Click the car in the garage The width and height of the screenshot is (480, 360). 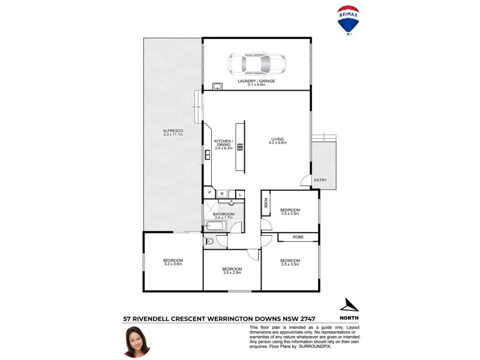pyautogui.click(x=256, y=62)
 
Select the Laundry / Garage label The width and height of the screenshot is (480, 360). pyautogui.click(x=256, y=83)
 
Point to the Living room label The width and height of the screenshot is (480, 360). pyautogui.click(x=278, y=141)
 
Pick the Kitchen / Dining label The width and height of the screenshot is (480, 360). pyautogui.click(x=223, y=145)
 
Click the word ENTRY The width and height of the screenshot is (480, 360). pyautogui.click(x=320, y=180)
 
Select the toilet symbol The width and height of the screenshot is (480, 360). pyautogui.click(x=209, y=241)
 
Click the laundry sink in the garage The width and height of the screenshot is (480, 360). pyautogui.click(x=217, y=86)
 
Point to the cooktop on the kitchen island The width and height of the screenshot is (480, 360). pyautogui.click(x=239, y=147)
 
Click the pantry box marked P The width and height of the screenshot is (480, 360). pyautogui.click(x=209, y=193)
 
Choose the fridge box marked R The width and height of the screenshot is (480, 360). pyautogui.click(x=223, y=193)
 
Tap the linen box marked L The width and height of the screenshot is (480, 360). pyautogui.click(x=239, y=193)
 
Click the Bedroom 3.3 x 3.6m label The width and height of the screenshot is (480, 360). pyautogui.click(x=173, y=262)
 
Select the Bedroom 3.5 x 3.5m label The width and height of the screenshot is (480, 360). pyautogui.click(x=290, y=262)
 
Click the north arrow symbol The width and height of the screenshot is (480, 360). pyautogui.click(x=349, y=305)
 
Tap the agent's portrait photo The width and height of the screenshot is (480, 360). pyautogui.click(x=137, y=341)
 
